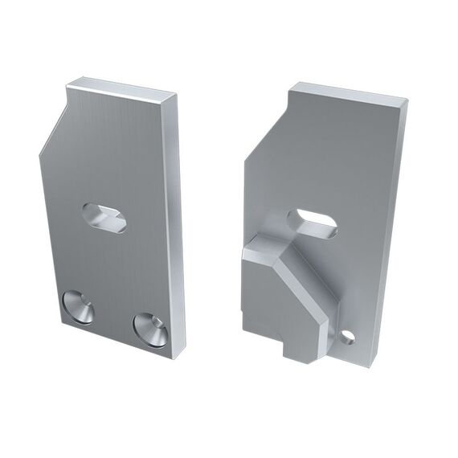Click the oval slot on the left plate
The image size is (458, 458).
(104, 217)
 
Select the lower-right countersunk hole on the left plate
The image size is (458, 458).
(151, 329)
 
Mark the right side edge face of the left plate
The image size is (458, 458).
(174, 217)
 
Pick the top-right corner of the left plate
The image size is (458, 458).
(176, 94)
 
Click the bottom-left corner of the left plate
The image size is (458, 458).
(56, 316)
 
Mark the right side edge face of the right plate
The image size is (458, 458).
(391, 225)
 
